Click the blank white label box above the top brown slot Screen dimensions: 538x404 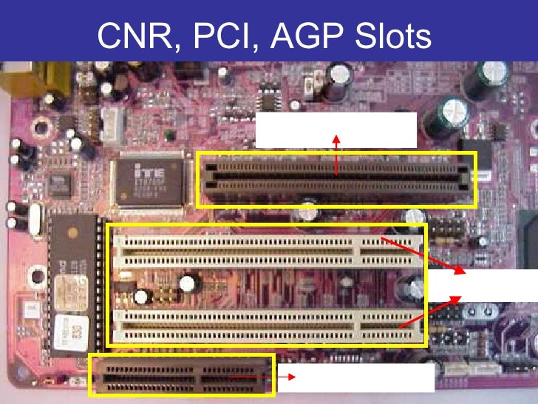pos(336,130)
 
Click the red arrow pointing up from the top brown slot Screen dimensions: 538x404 pos(336,155)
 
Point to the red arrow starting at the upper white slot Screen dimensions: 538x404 pos(424,255)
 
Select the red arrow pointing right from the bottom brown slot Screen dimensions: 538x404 pos(254,377)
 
